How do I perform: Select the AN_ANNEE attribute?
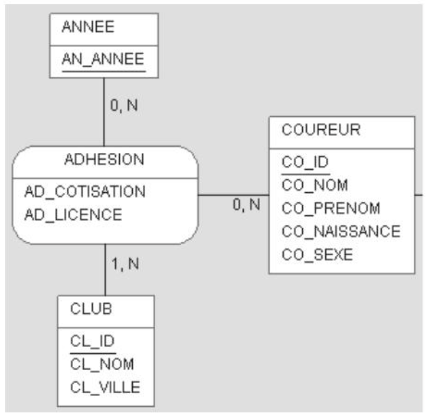point(103,59)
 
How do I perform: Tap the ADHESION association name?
point(104,160)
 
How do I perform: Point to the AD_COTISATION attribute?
point(85,191)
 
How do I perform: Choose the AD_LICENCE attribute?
point(73,215)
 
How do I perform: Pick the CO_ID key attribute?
point(305,162)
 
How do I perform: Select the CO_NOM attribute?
point(315,185)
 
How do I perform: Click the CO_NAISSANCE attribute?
point(341,231)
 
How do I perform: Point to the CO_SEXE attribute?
point(317,255)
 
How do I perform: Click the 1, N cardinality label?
point(125,265)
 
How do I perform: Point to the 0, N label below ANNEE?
point(123,105)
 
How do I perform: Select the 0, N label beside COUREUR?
point(246,204)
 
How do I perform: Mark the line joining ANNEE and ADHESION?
point(103,112)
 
